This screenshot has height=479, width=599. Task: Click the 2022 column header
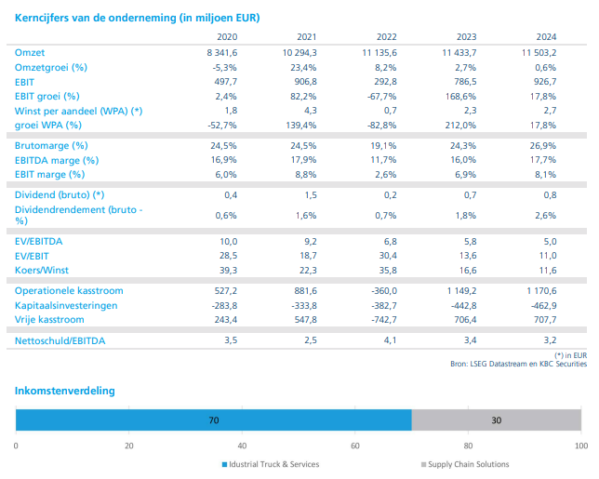tap(387, 36)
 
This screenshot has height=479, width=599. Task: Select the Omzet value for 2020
tap(222, 53)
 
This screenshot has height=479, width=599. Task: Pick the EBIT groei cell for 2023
tap(460, 96)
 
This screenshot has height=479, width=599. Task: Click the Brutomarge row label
tap(51, 145)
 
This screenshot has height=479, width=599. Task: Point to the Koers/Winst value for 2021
tap(308, 270)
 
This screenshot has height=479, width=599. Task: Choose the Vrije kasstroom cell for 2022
tap(384, 319)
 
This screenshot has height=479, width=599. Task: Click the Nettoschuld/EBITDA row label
tap(60, 340)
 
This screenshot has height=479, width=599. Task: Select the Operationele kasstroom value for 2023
tap(462, 291)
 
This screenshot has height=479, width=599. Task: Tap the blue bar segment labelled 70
tap(214, 419)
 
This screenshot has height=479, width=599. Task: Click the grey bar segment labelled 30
tap(497, 419)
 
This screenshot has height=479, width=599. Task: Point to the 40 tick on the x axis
tap(242, 446)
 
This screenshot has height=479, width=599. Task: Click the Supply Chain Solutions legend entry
tap(465, 464)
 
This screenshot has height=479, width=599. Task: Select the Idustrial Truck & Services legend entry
tap(271, 464)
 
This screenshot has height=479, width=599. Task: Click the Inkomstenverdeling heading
tap(64, 391)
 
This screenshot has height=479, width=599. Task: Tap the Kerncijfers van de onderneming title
tap(137, 18)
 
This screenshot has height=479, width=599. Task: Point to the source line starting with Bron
tap(518, 364)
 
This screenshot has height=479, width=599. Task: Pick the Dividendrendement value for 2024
tap(545, 216)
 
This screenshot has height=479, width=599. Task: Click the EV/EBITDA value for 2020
tap(229, 242)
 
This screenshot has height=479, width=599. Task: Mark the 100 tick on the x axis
tap(581, 446)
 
